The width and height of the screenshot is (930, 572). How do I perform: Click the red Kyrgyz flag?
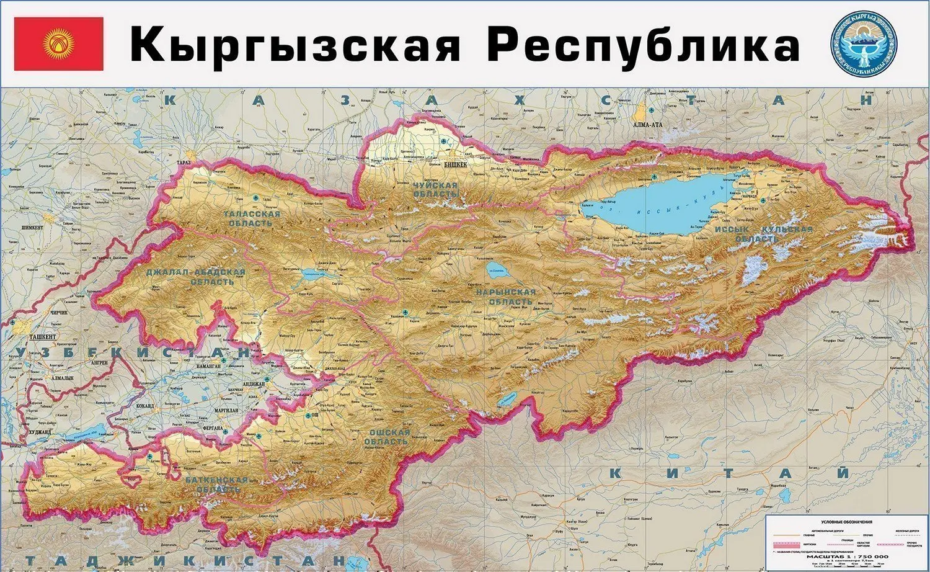59,44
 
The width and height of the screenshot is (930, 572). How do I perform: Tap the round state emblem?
864,43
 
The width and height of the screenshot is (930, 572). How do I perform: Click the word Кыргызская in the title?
295,45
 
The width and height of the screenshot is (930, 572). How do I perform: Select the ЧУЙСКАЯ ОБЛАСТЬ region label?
436,190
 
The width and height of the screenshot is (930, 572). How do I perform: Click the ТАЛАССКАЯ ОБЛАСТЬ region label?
251,218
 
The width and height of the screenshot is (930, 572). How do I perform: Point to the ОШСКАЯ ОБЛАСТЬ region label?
389,437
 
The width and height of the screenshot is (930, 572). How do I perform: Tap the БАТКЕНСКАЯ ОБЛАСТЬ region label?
216,485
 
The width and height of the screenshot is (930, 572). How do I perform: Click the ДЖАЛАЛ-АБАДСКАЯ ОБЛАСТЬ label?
195,277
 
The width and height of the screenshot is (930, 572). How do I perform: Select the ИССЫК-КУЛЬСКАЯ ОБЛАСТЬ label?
763,234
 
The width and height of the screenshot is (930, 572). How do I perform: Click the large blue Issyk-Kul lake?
657,202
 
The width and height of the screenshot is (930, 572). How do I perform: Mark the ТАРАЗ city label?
184,163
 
